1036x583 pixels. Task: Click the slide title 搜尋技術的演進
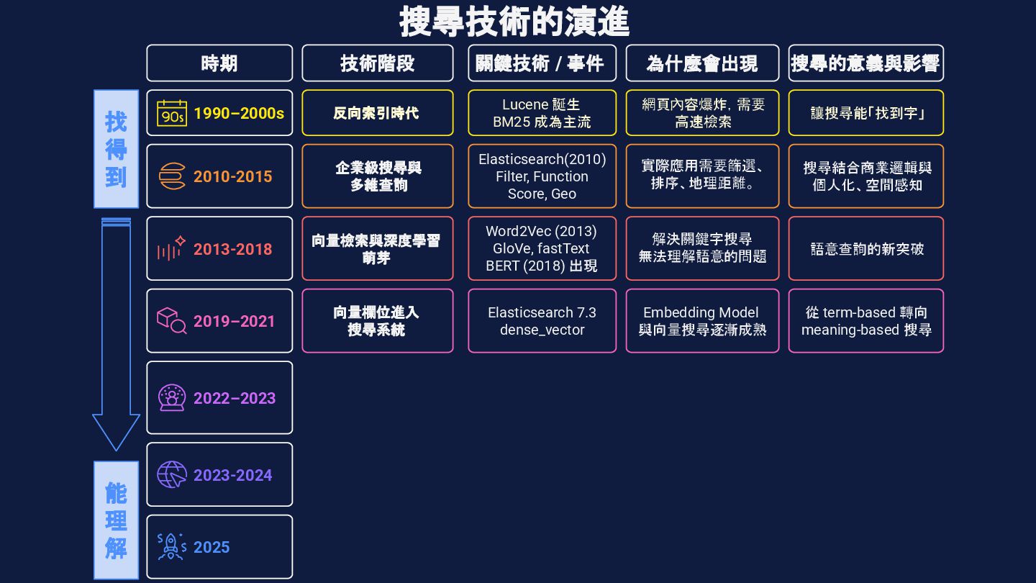(514, 22)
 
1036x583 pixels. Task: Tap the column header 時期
(219, 63)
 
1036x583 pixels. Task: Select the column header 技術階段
(377, 63)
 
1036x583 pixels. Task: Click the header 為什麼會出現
(702, 63)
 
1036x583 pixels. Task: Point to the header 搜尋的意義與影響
(865, 63)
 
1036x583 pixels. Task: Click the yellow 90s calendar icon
(172, 113)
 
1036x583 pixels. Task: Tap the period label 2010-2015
(232, 176)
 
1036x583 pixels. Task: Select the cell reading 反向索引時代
(377, 113)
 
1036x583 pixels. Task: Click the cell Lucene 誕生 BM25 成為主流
(542, 113)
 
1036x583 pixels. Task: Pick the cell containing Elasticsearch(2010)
(542, 176)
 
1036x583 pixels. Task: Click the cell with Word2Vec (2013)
(542, 248)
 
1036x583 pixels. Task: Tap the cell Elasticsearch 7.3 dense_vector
(542, 321)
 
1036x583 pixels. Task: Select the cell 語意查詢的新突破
(865, 248)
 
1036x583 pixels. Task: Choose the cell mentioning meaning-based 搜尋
(865, 321)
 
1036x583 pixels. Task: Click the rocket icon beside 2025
(172, 547)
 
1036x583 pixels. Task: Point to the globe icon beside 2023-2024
(172, 474)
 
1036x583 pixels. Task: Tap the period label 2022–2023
(234, 398)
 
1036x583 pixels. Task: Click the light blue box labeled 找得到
(116, 149)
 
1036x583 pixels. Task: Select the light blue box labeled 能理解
(116, 520)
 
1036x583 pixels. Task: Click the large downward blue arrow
(116, 331)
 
